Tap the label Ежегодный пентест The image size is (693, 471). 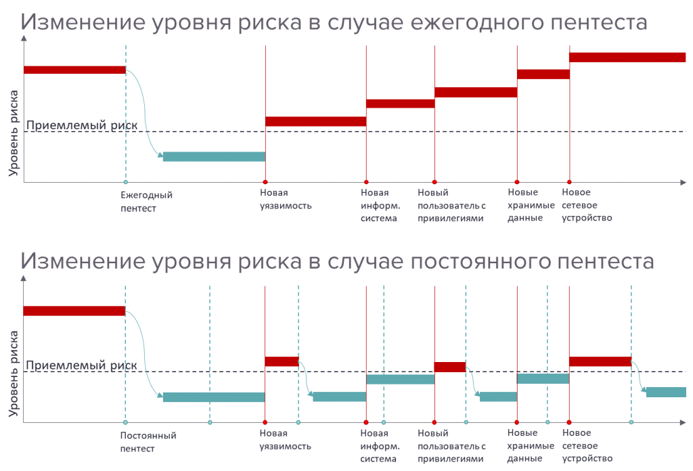146,202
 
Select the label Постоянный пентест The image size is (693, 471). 148,441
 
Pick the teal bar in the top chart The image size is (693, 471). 214,156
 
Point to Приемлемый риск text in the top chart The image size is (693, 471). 82,125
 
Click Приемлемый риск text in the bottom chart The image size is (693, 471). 82,365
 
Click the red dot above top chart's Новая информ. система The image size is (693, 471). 366,182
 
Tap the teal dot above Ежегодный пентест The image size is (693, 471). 125,182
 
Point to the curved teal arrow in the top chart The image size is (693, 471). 144,112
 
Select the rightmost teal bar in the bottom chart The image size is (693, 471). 666,392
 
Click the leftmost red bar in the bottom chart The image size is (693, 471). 74,311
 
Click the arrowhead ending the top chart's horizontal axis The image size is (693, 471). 683,182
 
